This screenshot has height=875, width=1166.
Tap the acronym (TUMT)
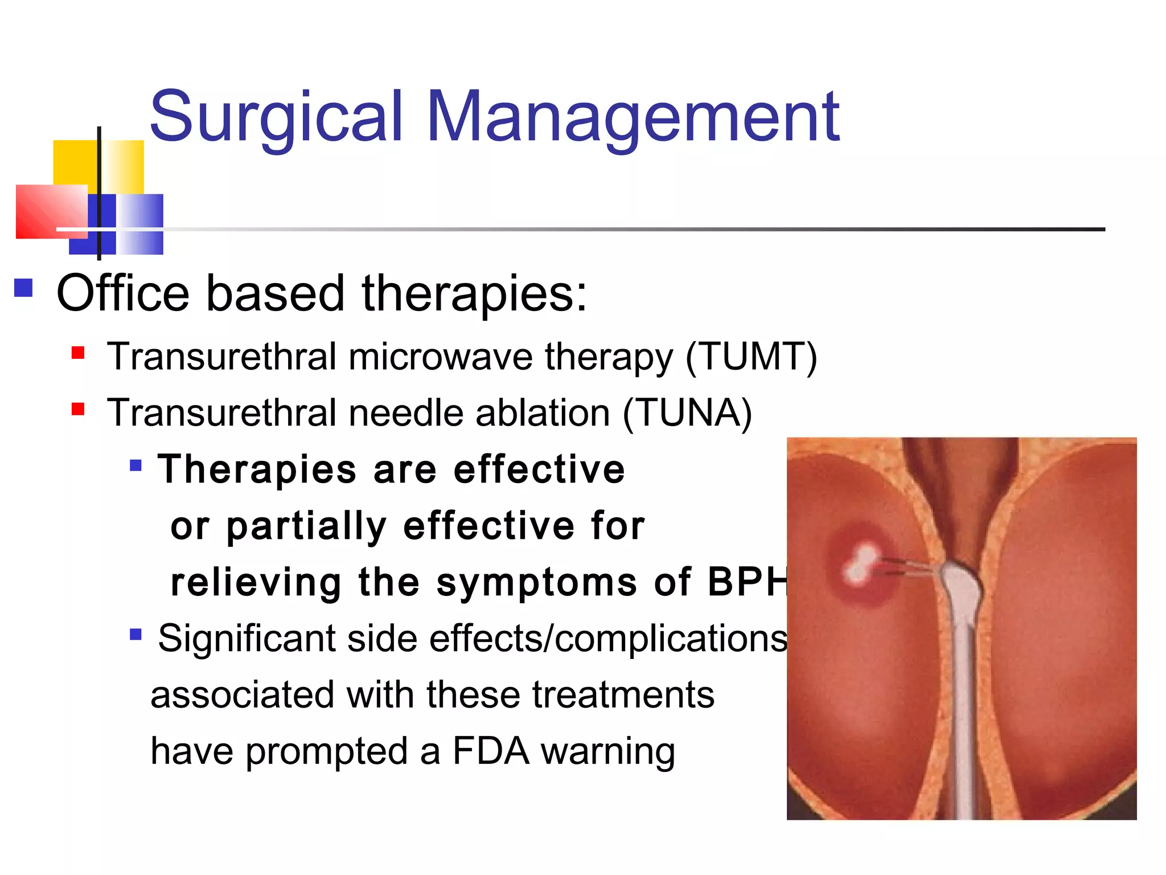[x=752, y=357]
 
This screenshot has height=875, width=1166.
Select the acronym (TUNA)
[x=687, y=413]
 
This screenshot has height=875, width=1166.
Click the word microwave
[x=441, y=357]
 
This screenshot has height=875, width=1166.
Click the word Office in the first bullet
[x=122, y=294]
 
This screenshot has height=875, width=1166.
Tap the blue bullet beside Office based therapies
[x=23, y=288]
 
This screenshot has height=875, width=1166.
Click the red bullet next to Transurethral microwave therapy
[x=78, y=353]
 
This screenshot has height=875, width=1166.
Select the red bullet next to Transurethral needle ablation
[x=78, y=409]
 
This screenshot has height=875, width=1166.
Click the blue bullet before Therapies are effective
[x=136, y=466]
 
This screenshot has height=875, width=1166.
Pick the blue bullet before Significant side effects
[x=136, y=634]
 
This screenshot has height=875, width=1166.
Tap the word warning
[x=607, y=752]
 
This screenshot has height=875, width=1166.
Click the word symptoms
[x=536, y=583]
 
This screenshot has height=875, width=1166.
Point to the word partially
[x=306, y=526]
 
